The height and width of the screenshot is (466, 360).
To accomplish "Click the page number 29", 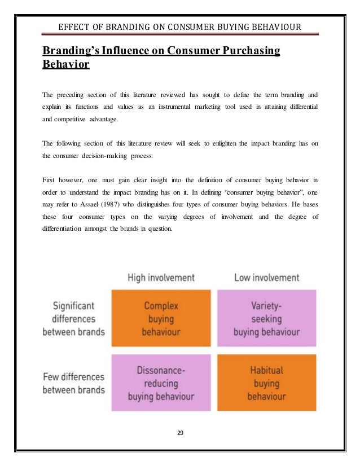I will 180,434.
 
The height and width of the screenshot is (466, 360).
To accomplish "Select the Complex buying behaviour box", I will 161,319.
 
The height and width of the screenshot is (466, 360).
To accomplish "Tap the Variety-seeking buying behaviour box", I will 266,319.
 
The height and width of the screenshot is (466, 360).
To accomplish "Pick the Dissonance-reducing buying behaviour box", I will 161,383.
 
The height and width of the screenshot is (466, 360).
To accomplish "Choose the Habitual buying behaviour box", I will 266,383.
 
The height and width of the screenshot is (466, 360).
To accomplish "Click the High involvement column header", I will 161,278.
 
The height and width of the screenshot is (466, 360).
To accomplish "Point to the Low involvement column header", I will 266,278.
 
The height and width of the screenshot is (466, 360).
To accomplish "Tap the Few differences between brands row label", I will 74,383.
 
